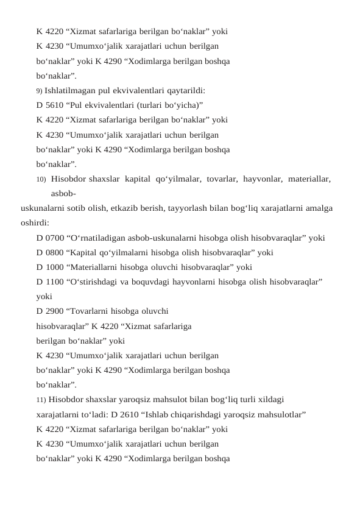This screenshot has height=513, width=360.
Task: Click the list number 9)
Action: coord(40,91)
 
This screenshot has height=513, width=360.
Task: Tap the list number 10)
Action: coord(41,179)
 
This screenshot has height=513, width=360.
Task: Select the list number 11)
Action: coord(41,400)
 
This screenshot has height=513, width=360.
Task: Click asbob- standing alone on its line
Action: coord(63,194)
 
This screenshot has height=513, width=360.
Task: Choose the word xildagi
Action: coord(269,400)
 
